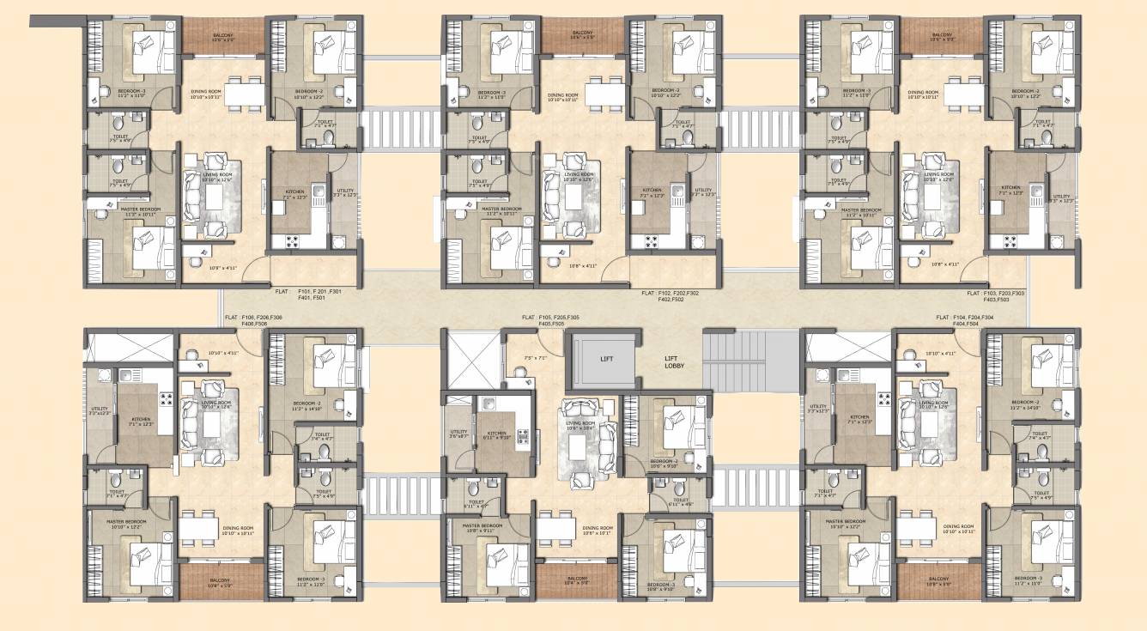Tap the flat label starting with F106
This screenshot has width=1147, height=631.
coord(253,321)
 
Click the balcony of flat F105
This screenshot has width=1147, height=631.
coord(576,581)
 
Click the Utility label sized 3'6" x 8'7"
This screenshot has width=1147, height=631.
coord(458,434)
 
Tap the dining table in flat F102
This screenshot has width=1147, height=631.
coord(608,92)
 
